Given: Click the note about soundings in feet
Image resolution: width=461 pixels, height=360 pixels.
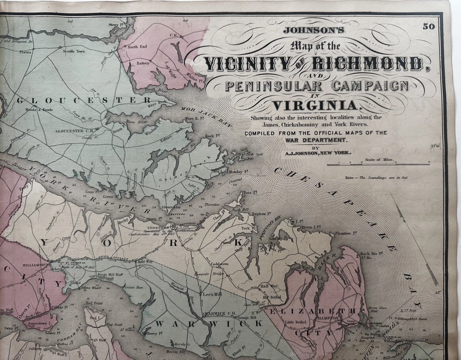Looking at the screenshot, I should (376, 178).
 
